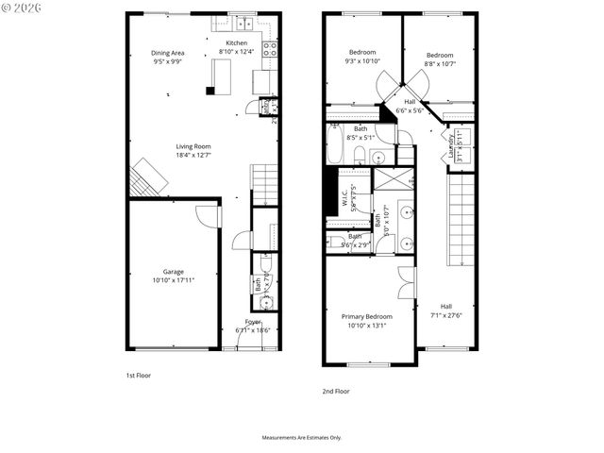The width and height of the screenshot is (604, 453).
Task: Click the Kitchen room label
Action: click(x=236, y=43)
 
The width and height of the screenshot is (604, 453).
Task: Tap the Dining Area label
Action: click(x=168, y=53)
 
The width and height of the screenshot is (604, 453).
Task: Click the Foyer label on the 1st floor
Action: click(x=253, y=322)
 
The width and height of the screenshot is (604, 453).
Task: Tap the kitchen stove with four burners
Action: click(x=270, y=48)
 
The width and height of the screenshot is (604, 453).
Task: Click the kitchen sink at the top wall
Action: click(x=243, y=21)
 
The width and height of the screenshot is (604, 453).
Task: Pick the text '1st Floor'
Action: click(x=138, y=376)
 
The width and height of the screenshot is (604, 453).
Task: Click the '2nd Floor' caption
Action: click(x=335, y=391)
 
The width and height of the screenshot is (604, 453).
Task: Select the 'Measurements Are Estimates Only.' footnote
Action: click(x=302, y=438)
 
